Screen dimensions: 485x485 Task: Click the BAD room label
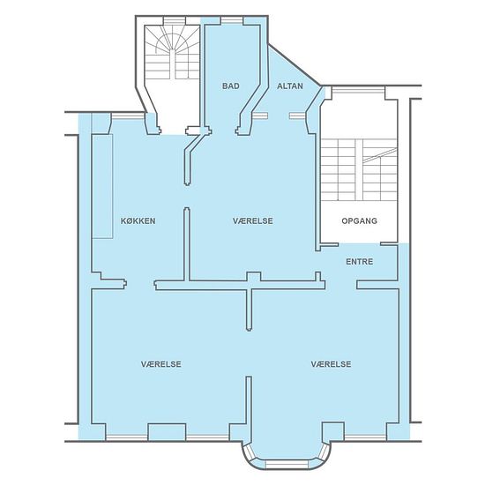(x=231, y=86)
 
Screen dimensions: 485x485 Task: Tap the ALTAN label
(x=290, y=86)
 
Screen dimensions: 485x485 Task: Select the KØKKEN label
(x=138, y=220)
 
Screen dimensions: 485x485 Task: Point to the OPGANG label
(x=360, y=220)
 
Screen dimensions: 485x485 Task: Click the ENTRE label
(x=360, y=262)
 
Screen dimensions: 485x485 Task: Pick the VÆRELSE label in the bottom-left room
(x=161, y=364)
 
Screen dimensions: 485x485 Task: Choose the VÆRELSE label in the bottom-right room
(x=332, y=364)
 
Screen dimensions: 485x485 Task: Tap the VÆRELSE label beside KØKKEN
(x=253, y=220)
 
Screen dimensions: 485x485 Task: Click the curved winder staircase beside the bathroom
(x=172, y=52)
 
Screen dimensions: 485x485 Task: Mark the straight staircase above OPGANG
(x=359, y=170)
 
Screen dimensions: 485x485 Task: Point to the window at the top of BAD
(x=232, y=20)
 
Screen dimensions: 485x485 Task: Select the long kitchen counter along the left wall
(x=102, y=186)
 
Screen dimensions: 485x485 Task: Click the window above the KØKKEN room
(x=128, y=116)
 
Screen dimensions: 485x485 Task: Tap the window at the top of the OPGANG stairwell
(x=358, y=91)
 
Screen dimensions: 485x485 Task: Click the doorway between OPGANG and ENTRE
(x=359, y=244)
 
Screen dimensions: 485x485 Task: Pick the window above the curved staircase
(x=175, y=20)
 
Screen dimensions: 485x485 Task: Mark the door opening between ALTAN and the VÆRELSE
(x=279, y=116)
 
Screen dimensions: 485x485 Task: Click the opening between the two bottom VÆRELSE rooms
(x=249, y=354)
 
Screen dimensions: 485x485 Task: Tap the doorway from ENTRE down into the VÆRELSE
(x=341, y=285)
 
